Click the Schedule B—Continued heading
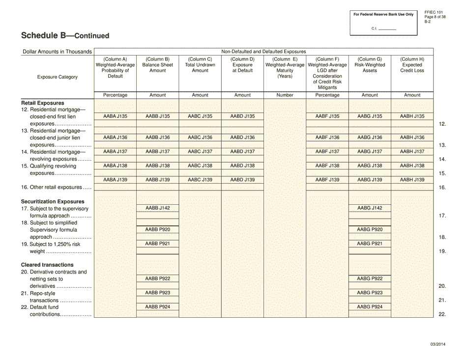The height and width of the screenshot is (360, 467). [65, 36]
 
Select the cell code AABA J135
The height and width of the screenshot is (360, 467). [115, 116]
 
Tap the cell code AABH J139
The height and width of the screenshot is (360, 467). [412, 180]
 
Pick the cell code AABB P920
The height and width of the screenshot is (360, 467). [157, 229]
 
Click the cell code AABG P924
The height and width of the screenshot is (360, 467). [370, 307]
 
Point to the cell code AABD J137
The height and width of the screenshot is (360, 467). [242, 152]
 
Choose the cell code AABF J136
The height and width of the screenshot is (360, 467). [327, 138]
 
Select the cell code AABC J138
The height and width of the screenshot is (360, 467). [200, 166]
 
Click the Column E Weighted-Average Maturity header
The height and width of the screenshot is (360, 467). [285, 68]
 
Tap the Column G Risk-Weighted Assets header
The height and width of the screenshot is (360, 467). [370, 65]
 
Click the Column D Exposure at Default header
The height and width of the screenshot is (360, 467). [242, 65]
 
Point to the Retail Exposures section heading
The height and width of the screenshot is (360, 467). [42, 103]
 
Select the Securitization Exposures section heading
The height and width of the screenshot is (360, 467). [53, 201]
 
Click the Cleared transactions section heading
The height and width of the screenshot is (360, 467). [47, 265]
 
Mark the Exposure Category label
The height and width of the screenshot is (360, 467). [57, 77]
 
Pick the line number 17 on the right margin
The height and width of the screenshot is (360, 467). [442, 216]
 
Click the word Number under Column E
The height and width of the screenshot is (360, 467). [285, 95]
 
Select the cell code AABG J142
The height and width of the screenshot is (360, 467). [370, 208]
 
